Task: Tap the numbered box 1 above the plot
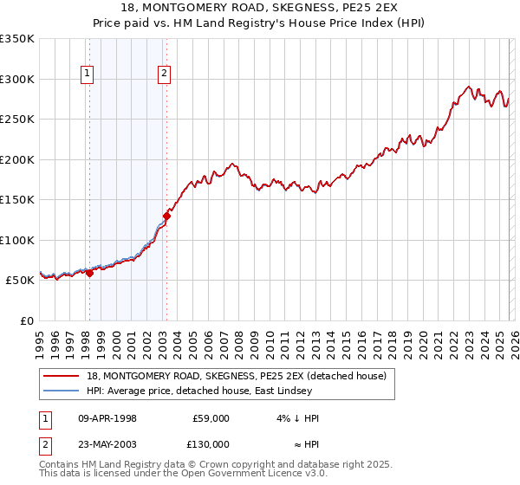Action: tap(88, 74)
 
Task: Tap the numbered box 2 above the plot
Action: tap(164, 74)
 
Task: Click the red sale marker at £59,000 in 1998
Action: tap(89, 273)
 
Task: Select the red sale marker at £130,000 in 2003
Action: tap(166, 216)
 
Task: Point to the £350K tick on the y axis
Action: tap(17, 39)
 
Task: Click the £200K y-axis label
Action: tap(17, 159)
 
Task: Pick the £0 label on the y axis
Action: tap(25, 320)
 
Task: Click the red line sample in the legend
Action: tap(62, 376)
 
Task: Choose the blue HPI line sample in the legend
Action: tap(62, 391)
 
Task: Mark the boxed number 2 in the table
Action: tap(44, 444)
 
